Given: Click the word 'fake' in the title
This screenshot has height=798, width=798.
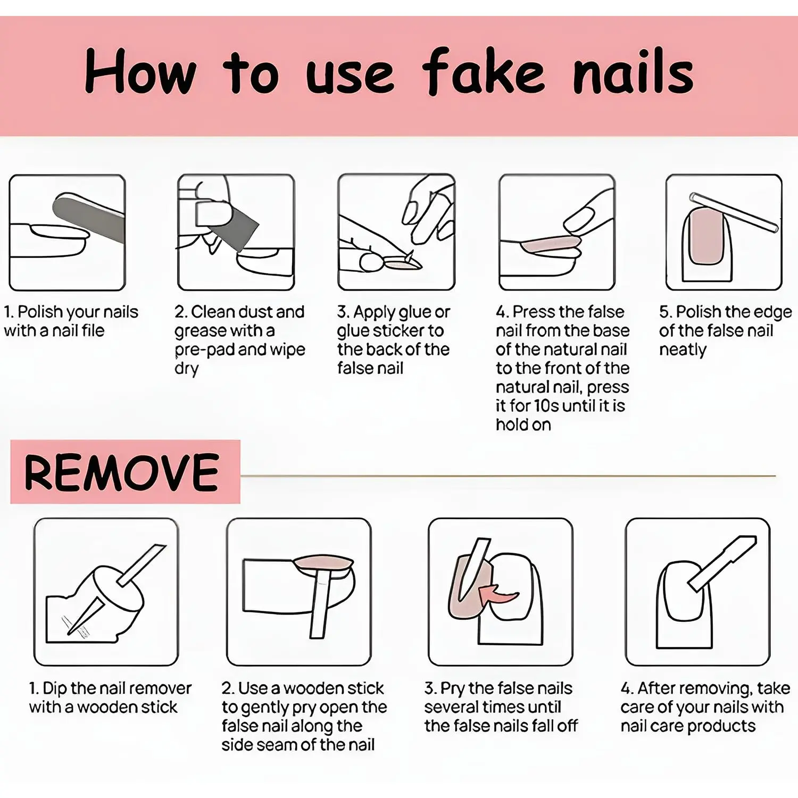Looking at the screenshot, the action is pos(483,71).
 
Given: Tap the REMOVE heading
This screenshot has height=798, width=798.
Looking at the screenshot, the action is pos(122,472).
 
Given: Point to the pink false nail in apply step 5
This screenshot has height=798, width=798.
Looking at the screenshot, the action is pos(705,236).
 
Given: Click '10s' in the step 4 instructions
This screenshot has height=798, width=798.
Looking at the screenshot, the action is pos(546,405).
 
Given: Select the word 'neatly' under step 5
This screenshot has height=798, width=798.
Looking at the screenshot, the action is pos(683,350).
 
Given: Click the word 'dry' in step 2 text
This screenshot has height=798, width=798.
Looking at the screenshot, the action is pos(186,369).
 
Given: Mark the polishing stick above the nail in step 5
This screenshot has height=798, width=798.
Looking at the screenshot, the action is pos(734,212).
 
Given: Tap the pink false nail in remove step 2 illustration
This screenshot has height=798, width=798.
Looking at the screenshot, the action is pos(324,562).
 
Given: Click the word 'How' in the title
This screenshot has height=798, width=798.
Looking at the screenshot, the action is pos(140,71).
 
